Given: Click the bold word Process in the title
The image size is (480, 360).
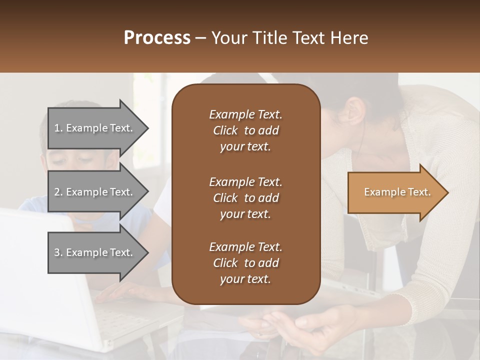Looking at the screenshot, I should click(157, 38).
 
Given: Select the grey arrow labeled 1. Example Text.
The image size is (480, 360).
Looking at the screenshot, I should click(95, 128).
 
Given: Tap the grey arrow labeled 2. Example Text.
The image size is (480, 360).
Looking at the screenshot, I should click(95, 192).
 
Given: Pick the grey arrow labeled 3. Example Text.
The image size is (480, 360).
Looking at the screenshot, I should click(95, 252).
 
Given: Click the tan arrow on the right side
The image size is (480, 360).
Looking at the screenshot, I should click(395, 192).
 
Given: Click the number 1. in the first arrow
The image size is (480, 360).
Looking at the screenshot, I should click(58, 128).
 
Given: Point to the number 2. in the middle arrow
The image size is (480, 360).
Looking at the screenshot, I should click(58, 192).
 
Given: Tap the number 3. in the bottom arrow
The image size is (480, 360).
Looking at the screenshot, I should click(58, 252).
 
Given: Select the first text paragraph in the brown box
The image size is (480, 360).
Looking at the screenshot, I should click(245, 130).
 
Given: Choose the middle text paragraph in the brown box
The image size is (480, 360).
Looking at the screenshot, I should click(245, 197).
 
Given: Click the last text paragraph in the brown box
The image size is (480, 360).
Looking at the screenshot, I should click(245, 263).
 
